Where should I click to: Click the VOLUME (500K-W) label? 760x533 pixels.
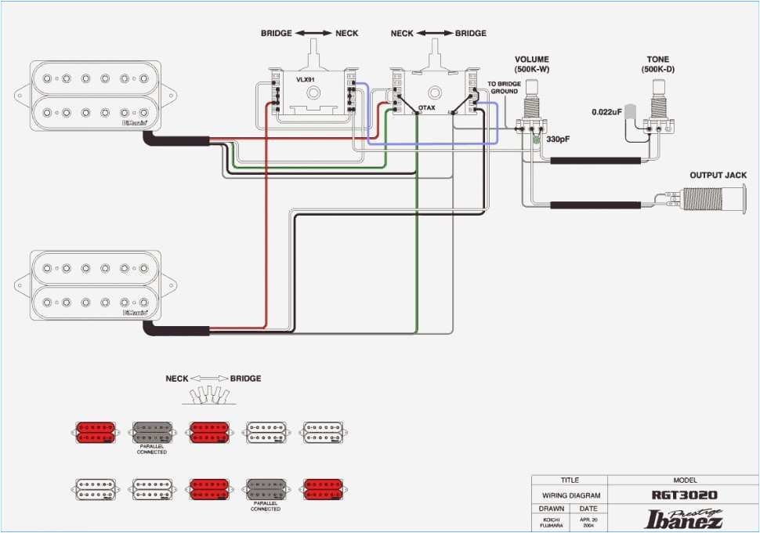[531, 64]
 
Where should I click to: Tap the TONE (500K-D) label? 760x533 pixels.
[657, 64]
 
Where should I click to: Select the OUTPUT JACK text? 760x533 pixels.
[718, 176]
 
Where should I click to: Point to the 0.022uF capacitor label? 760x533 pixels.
[606, 112]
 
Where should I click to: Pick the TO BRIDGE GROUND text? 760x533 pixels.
[503, 88]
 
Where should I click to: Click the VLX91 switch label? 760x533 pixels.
[306, 79]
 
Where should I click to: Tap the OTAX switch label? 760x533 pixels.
[427, 107]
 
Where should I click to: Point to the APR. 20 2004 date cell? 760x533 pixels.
[588, 523]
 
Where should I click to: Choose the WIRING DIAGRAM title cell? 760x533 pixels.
[569, 495]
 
